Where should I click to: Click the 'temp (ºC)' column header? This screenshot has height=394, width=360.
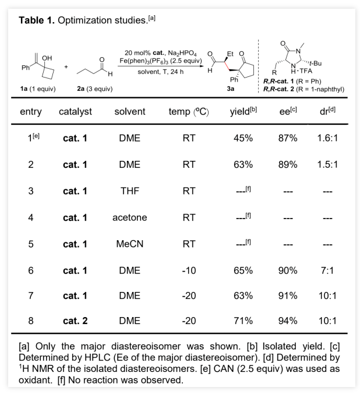(x=188, y=111)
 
